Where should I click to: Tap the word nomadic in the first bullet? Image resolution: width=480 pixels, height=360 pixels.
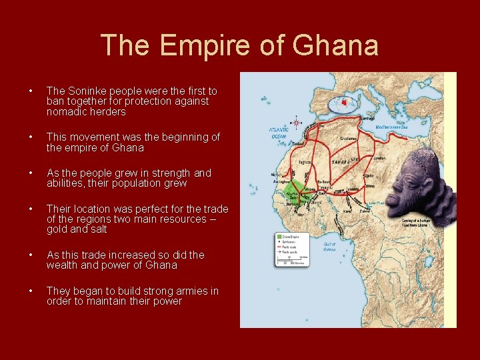[65, 112]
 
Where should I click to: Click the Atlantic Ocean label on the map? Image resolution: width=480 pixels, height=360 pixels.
[279, 132]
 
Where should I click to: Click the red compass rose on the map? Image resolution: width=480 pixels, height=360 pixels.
[296, 123]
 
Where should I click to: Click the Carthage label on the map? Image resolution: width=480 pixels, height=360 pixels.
[367, 118]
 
